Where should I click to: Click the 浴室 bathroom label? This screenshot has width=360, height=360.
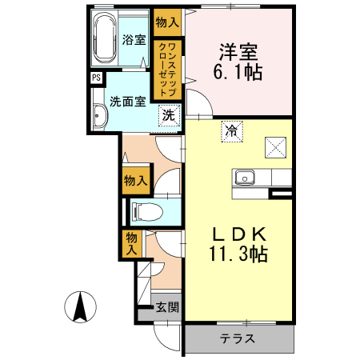pos(134,40)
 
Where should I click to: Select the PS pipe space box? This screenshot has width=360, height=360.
pos(95,78)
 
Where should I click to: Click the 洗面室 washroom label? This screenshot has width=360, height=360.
pos(128,102)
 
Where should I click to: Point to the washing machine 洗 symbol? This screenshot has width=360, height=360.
pos(168,115)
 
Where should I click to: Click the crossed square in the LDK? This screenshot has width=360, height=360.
pos(276,146)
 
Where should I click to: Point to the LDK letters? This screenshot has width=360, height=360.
pos(238,234)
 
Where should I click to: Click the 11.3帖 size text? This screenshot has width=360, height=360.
pos(238,255)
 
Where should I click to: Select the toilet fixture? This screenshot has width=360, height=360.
pos(148,212)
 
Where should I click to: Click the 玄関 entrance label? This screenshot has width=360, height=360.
pos(167,306)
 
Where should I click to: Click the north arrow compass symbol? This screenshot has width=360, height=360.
pos(81,308)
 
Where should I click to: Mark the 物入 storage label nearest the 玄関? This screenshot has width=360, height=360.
pos(132,243)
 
